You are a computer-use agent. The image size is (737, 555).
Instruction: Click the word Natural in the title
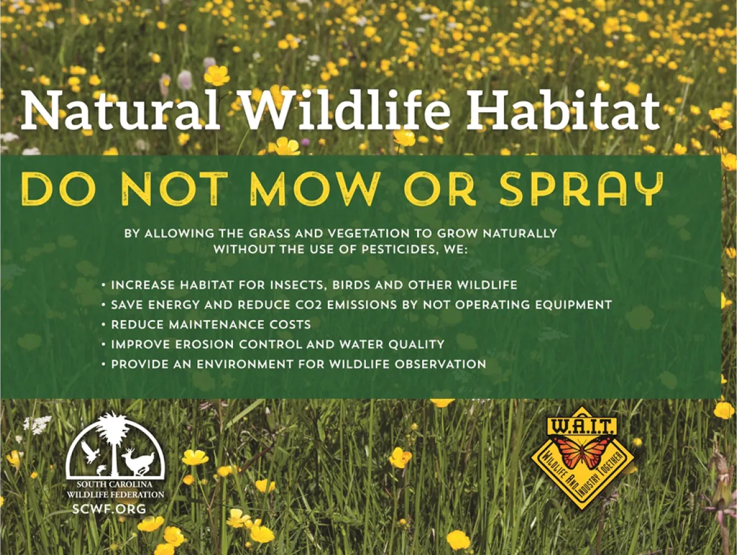(x=121, y=110)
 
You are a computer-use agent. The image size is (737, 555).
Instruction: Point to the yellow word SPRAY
(x=581, y=189)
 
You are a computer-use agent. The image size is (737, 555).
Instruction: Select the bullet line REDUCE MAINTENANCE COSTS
(x=211, y=324)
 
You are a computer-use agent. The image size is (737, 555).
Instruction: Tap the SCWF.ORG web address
(x=109, y=508)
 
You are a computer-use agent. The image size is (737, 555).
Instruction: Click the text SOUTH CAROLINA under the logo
(x=114, y=485)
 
